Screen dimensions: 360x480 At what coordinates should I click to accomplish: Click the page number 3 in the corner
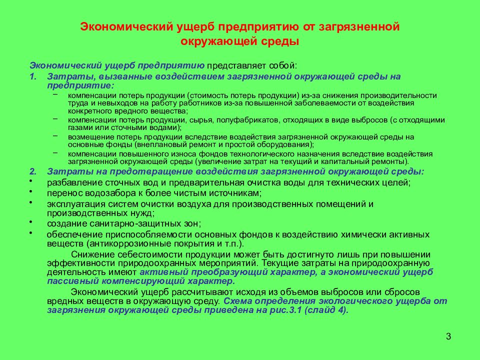click(448, 336)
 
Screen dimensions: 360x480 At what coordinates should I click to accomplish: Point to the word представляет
click(233, 65)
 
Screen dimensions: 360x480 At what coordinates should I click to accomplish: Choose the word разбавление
click(72, 183)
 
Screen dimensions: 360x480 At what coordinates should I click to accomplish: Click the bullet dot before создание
click(30, 220)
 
